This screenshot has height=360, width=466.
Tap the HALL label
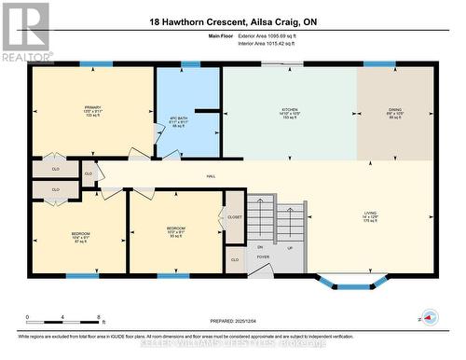click(x=212, y=174)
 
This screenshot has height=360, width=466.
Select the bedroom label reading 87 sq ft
click(x=80, y=235)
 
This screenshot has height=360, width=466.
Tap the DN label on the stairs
click(x=260, y=247)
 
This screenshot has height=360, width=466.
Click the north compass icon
click(x=430, y=316)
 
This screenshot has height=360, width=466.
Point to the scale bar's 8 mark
click(x=98, y=318)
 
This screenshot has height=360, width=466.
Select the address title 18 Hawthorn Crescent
click(x=232, y=21)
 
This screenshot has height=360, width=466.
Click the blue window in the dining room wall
click(x=379, y=63)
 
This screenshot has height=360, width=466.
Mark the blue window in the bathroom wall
click(x=190, y=63)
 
